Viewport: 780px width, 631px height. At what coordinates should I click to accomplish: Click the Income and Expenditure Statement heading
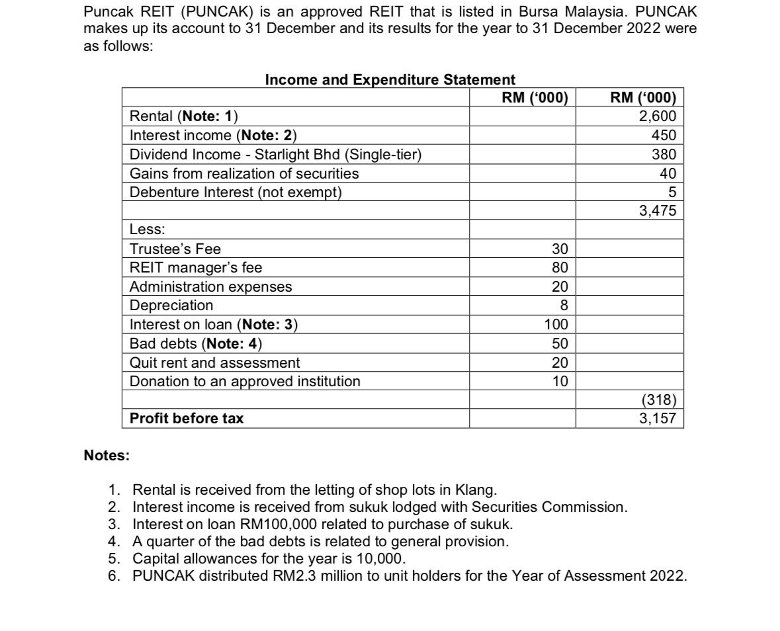tap(390, 80)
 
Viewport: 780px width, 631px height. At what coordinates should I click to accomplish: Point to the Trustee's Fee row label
tap(175, 249)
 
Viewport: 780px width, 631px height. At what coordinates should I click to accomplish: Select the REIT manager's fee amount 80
tap(560, 268)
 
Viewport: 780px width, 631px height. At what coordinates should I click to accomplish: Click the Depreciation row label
tap(171, 306)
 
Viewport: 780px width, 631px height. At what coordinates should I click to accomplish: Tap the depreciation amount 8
tap(564, 306)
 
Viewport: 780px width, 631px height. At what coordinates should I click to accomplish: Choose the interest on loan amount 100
tap(556, 325)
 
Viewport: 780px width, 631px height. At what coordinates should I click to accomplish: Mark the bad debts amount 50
tap(560, 344)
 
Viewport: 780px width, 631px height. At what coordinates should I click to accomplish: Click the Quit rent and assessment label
tap(214, 363)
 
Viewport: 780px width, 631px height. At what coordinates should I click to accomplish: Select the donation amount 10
tap(560, 382)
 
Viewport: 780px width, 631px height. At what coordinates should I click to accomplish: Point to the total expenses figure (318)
tap(658, 400)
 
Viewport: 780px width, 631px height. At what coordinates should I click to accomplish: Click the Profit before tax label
tap(187, 419)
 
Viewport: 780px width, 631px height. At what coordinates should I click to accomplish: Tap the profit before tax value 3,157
tap(657, 419)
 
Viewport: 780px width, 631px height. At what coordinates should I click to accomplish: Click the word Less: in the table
tap(147, 230)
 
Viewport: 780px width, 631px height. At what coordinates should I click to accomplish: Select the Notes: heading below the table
tap(107, 456)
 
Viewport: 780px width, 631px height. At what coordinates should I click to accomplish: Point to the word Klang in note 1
tap(475, 490)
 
